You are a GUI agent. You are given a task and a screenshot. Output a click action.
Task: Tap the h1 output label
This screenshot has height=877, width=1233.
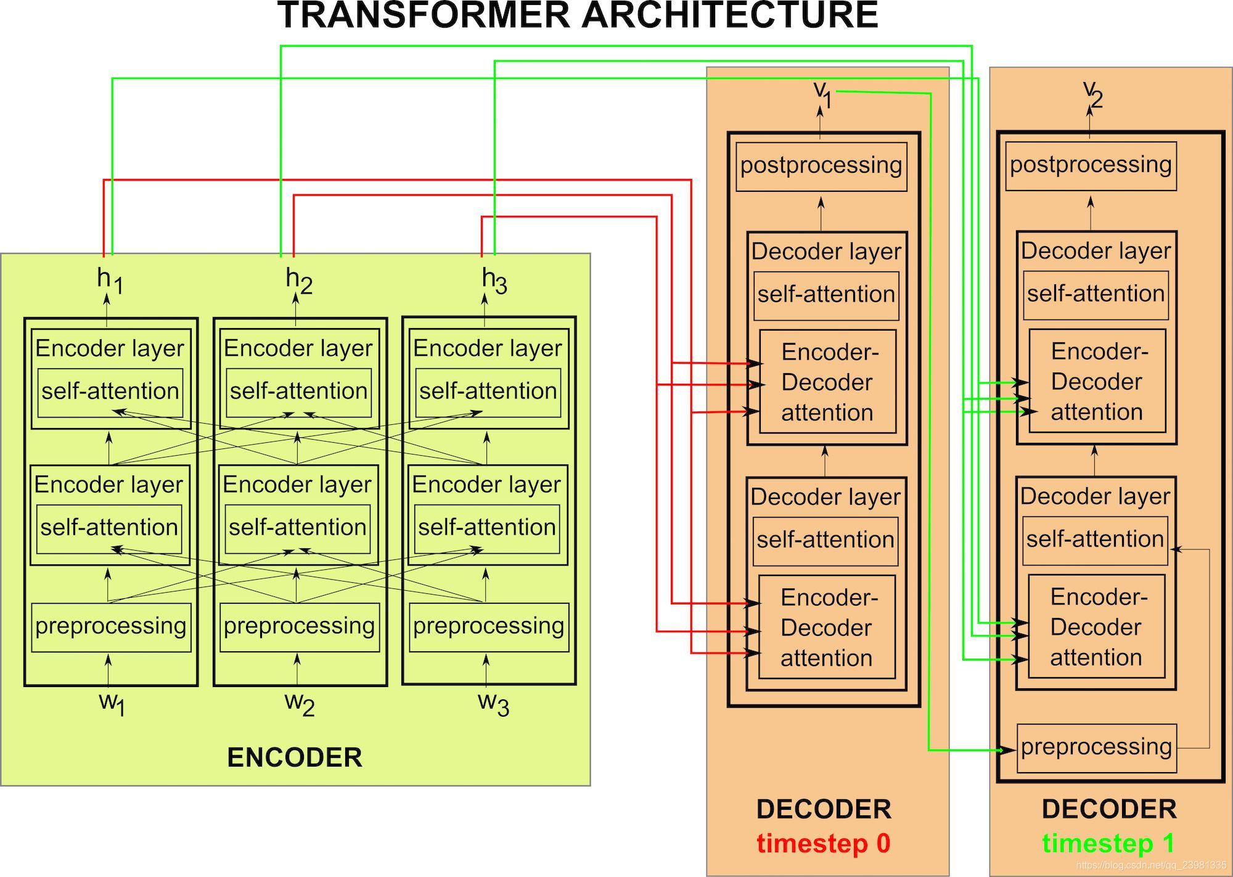coord(110,281)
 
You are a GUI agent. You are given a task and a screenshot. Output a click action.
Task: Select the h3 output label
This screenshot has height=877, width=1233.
coord(494,281)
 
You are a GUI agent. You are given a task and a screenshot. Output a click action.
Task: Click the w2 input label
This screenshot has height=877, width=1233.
coord(299,703)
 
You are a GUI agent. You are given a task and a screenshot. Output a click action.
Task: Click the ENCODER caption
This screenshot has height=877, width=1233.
coord(295,757)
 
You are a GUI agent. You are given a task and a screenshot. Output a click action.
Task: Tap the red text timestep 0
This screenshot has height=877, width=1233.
coord(823,843)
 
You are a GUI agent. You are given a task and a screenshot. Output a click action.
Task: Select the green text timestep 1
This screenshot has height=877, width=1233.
coord(1108,843)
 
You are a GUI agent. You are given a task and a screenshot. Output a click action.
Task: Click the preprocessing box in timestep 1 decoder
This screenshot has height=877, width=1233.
coord(1096,747)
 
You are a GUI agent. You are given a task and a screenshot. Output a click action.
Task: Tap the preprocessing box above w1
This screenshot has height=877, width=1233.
coord(111,627)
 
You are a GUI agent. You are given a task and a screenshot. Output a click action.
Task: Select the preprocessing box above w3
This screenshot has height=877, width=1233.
coord(488,627)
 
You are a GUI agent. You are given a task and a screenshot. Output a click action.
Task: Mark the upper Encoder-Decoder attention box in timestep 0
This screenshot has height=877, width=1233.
coord(827,382)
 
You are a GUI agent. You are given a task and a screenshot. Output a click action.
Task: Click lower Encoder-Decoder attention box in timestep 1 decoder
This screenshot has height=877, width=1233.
coord(1096,627)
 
